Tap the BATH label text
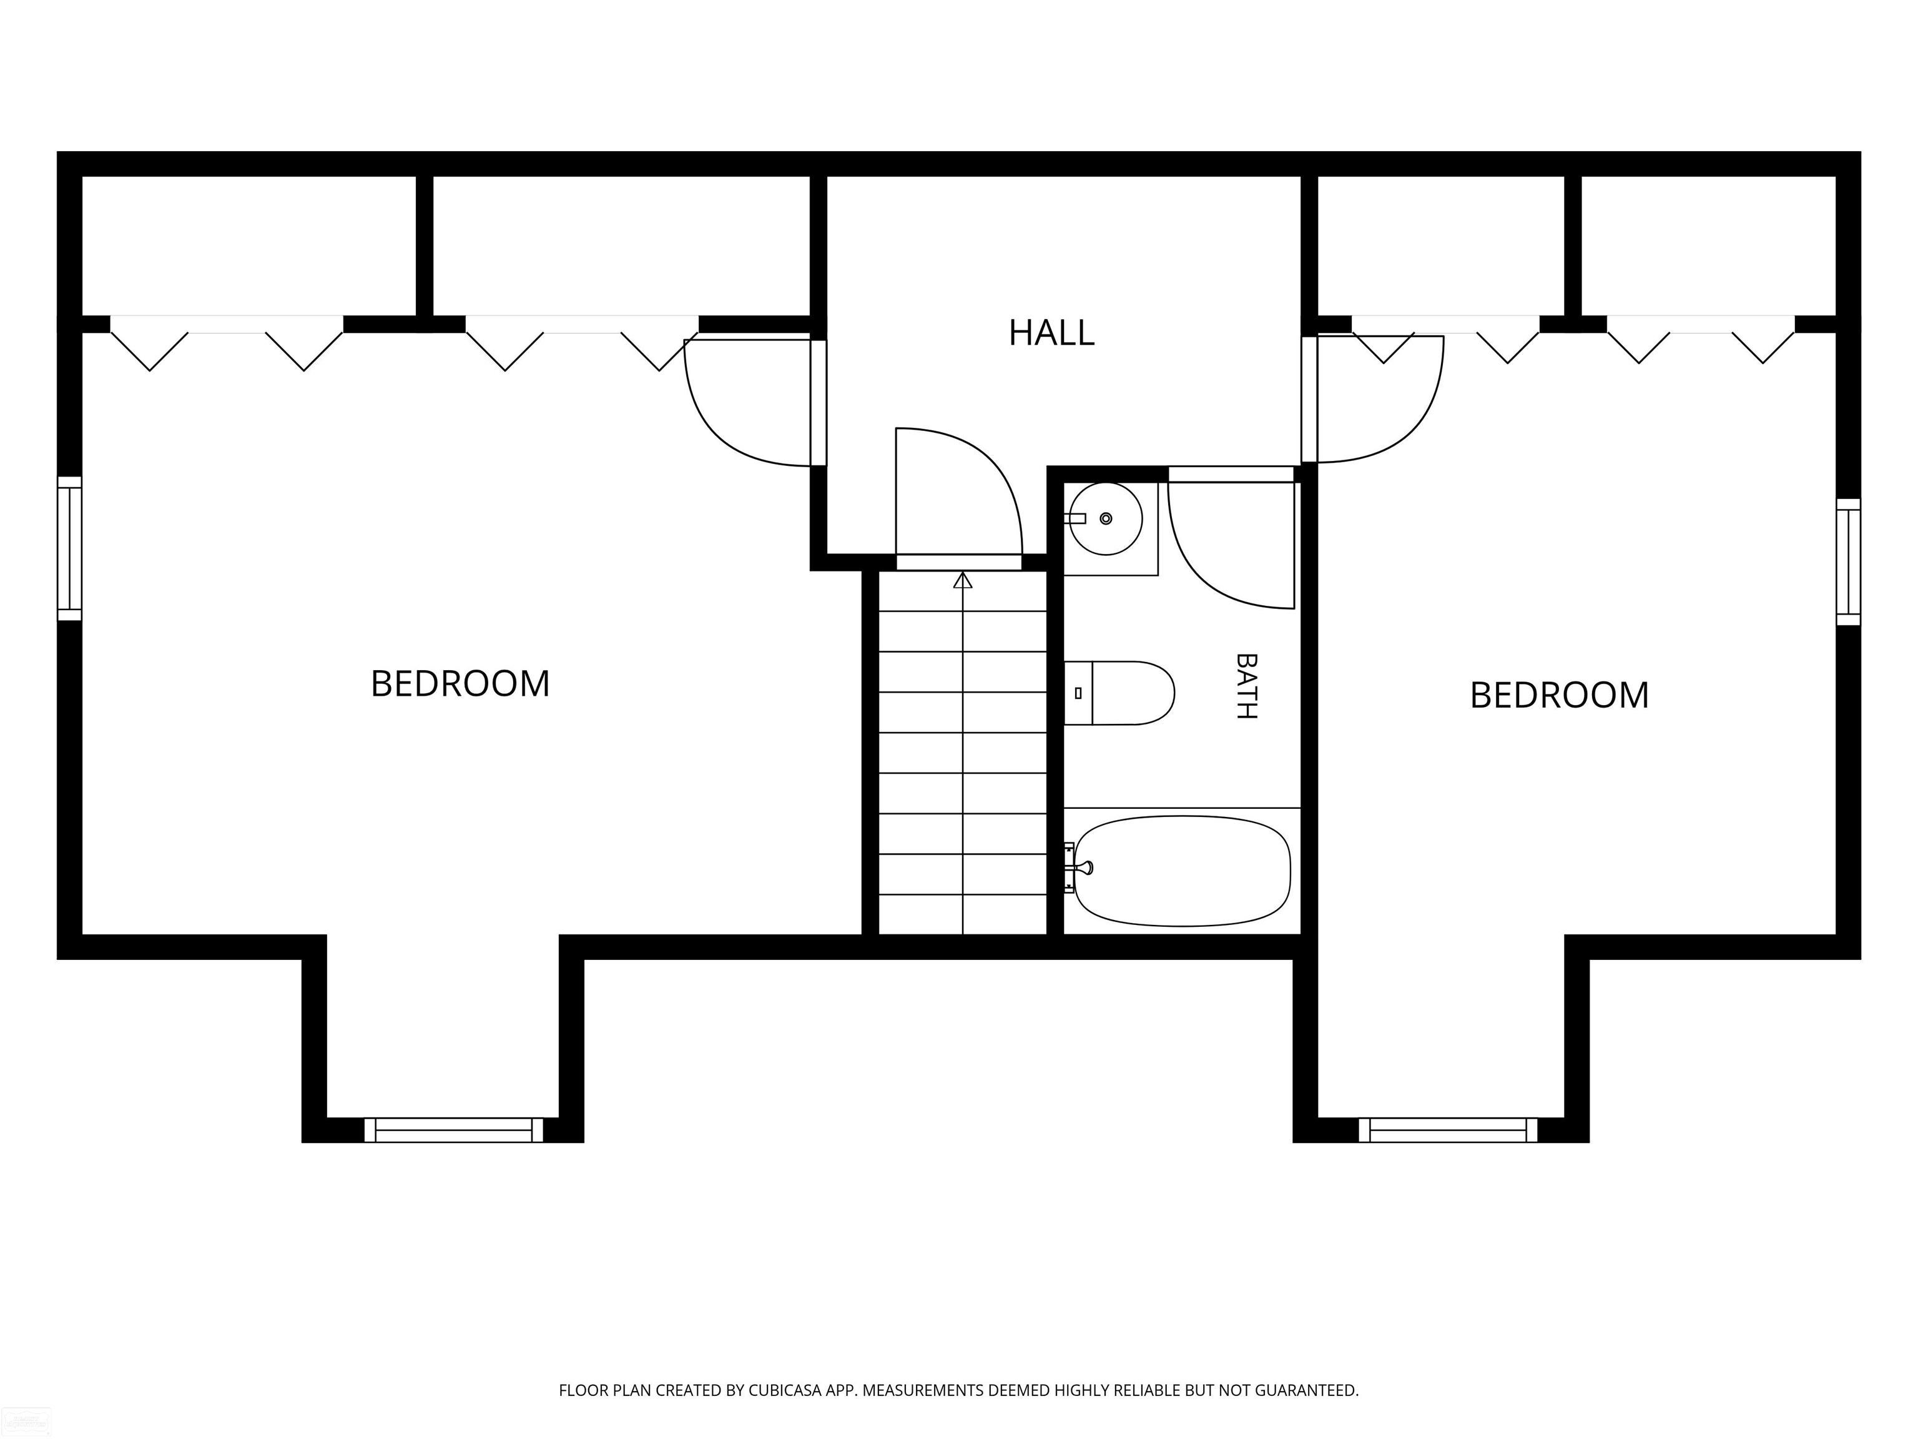(1246, 686)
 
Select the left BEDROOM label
(460, 683)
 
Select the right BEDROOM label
(1559, 695)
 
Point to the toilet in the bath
(1119, 693)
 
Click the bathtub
(1182, 871)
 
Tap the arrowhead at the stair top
(963, 580)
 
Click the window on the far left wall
(69, 548)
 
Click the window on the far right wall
(1849, 562)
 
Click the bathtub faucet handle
(1084, 868)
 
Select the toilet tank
(1078, 693)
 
